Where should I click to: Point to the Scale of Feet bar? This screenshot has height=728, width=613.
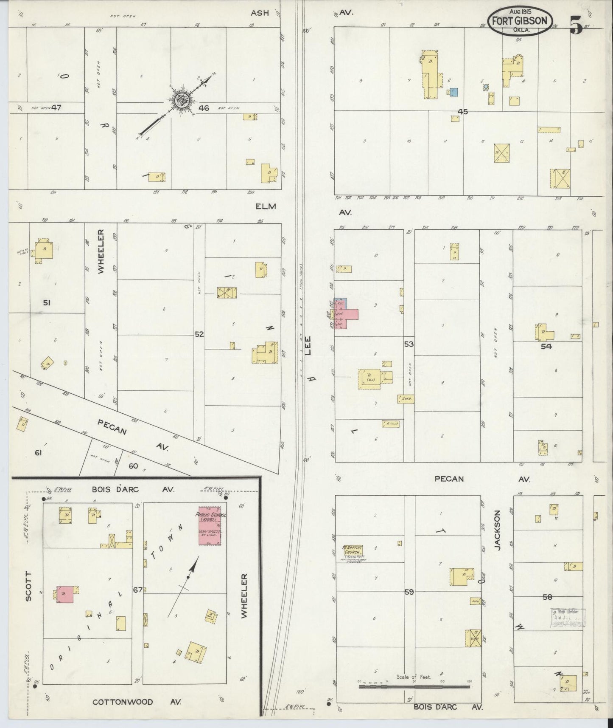pyautogui.click(x=414, y=686)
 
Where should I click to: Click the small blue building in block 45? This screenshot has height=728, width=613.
pyautogui.click(x=454, y=92)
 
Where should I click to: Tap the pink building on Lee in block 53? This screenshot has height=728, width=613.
pyautogui.click(x=347, y=316)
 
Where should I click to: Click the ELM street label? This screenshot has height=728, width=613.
pyautogui.click(x=266, y=206)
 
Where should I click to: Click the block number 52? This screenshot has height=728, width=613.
pyautogui.click(x=199, y=334)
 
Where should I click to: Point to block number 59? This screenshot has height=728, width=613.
pyautogui.click(x=409, y=592)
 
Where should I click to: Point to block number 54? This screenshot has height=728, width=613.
pyautogui.click(x=546, y=346)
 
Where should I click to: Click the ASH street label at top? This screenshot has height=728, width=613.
pyautogui.click(x=260, y=13)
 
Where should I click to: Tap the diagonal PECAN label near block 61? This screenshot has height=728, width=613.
pyautogui.click(x=112, y=427)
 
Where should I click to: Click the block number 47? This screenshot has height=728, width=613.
pyautogui.click(x=56, y=108)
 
